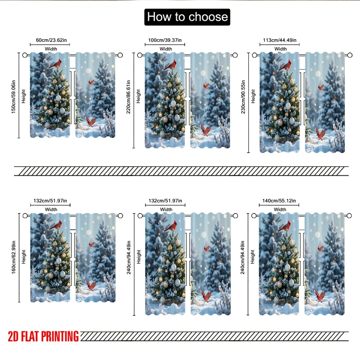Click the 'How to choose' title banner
pos(187,17)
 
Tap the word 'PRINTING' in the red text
pos(60,336)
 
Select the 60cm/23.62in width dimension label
pos(51,40)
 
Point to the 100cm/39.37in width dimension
pos(165,40)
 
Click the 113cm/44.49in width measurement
pos(280,40)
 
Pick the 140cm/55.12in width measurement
pos(279,201)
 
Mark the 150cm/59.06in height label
pos(14,96)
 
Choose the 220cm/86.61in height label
pos(129,96)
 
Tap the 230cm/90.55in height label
pos(243,96)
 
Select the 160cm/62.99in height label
pos(14,257)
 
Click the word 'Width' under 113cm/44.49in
pos(280,49)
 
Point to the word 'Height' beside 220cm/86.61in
pos(138,96)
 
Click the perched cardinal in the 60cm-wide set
pos(55,64)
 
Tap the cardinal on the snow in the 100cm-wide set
pos(206,130)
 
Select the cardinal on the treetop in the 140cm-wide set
pos(284,226)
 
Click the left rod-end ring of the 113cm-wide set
pos(255,55)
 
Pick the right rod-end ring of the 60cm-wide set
pos(120,55)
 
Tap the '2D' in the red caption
pos(13,336)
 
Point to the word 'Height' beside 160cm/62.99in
pos(23,257)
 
